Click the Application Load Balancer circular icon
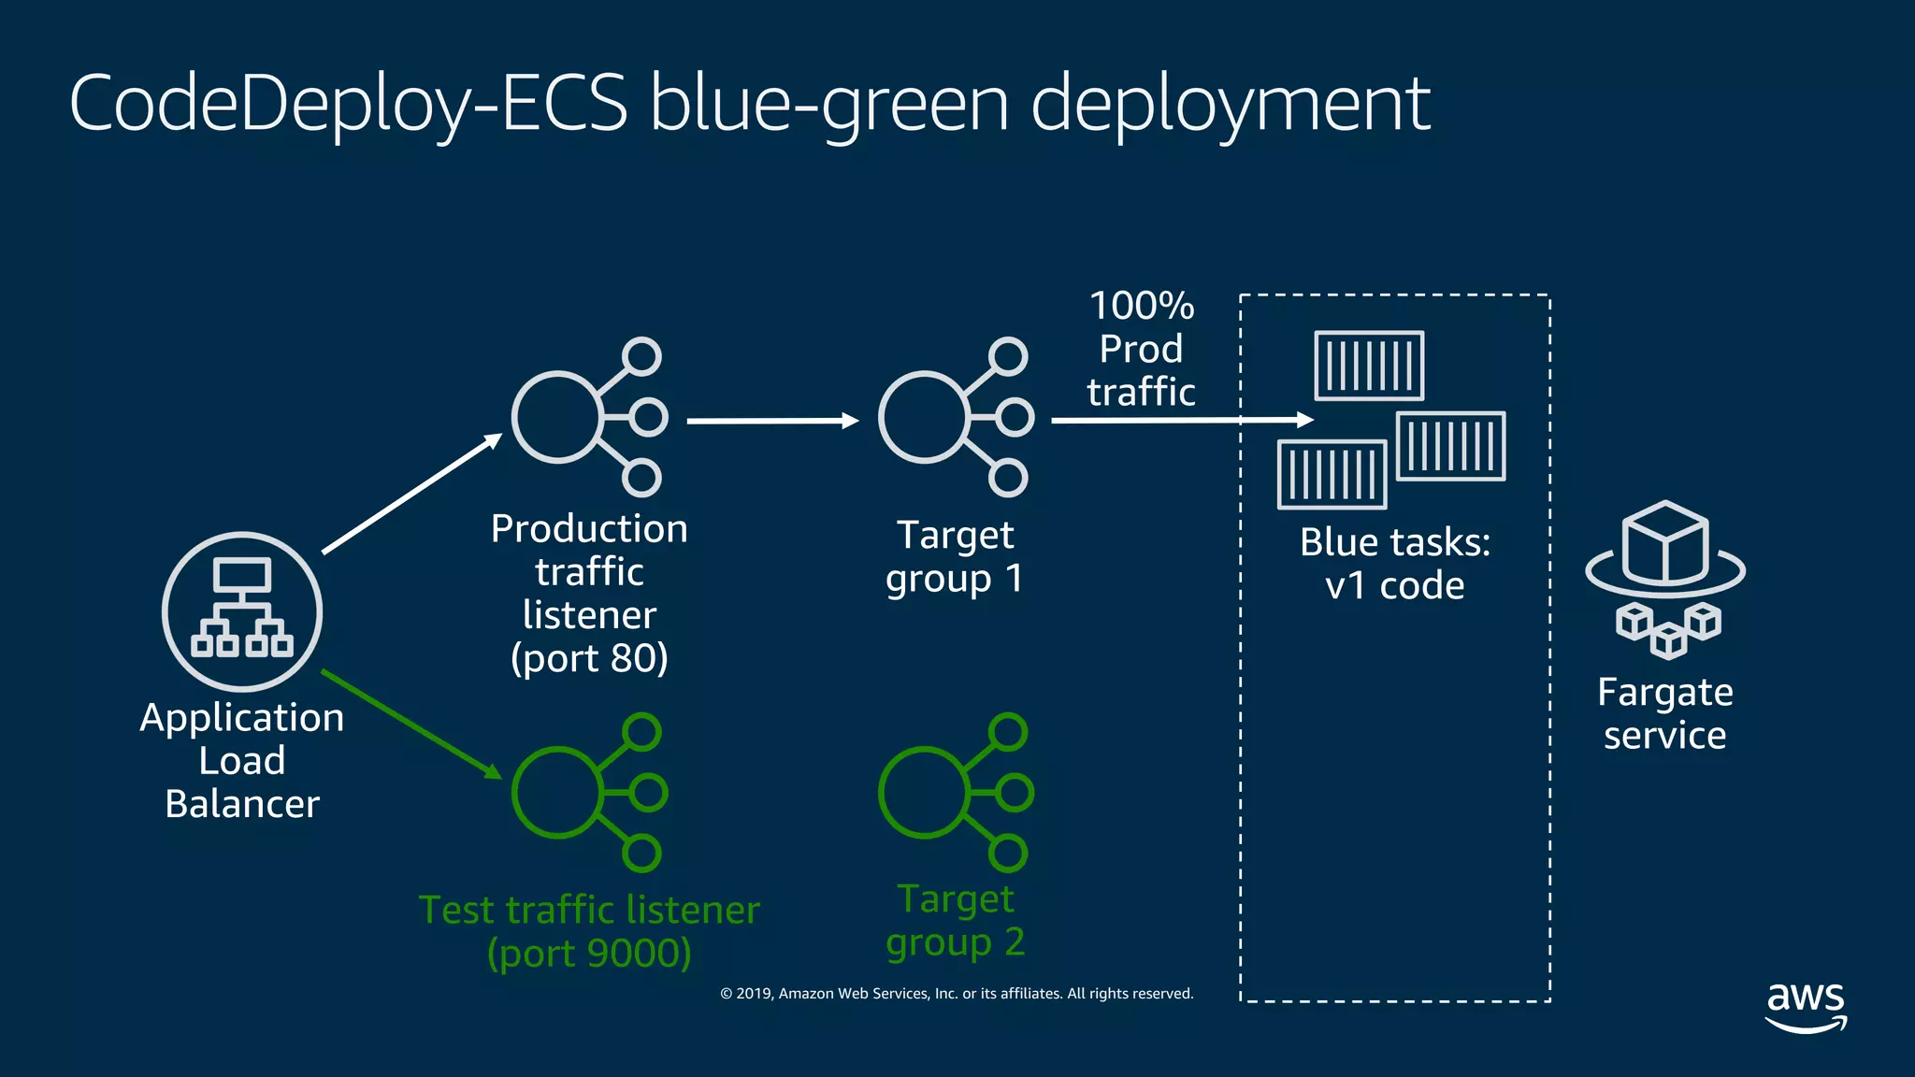(x=242, y=611)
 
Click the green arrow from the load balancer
(x=411, y=724)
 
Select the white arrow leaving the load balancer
(x=411, y=495)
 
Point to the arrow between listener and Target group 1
(x=771, y=421)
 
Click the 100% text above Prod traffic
(x=1142, y=306)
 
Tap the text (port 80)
(x=589, y=658)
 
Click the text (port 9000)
(x=589, y=953)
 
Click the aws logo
(x=1806, y=1006)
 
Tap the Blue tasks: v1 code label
(x=1394, y=564)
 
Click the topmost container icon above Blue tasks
(x=1369, y=366)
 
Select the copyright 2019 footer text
(x=957, y=994)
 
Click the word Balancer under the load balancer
(x=242, y=804)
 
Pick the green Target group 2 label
(x=955, y=920)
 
